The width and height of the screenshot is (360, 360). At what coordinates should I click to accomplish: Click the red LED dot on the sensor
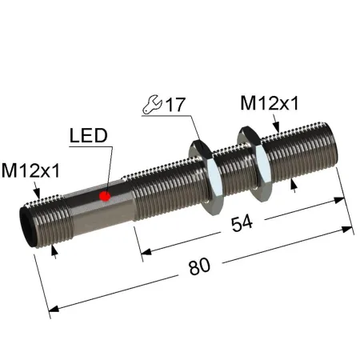pos(105,196)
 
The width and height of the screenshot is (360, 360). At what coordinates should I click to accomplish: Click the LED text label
pos(89,135)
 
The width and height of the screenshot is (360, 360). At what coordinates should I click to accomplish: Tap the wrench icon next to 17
pos(153,104)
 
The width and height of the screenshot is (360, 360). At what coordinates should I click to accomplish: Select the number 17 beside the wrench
pos(175,105)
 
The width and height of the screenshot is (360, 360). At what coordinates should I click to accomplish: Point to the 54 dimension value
pos(242,223)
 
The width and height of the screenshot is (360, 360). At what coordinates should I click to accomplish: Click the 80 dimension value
pos(199,266)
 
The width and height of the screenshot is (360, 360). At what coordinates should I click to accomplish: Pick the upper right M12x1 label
pos(270,103)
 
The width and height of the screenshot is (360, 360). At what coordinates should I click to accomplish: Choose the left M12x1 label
pos(30,170)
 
